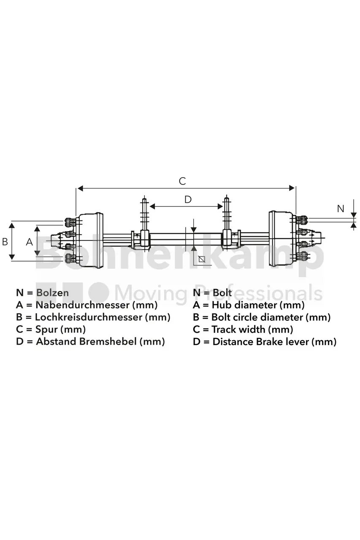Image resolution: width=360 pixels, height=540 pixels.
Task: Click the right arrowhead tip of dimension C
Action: click(295, 188)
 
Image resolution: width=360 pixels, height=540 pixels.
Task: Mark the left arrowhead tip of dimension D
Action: click(150, 206)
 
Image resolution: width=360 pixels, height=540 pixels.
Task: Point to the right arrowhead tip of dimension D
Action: click(222, 206)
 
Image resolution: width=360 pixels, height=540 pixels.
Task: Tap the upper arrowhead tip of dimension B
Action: click(11, 223)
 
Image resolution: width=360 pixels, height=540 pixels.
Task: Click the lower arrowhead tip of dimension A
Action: click(37, 256)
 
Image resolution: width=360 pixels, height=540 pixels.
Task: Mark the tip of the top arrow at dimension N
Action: click(354, 218)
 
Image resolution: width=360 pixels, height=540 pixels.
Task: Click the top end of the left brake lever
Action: click(144, 198)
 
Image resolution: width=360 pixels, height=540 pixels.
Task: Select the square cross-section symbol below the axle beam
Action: click(202, 259)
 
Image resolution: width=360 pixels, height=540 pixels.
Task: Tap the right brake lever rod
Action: click(226, 214)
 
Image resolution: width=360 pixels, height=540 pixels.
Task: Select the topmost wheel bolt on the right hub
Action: click(302, 220)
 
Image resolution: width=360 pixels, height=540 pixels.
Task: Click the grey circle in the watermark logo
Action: click(98, 293)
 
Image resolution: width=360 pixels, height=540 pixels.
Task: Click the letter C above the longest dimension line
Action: click(182, 181)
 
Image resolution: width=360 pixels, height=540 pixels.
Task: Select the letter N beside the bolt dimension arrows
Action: click(341, 209)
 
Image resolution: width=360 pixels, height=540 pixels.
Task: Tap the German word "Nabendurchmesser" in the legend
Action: click(82, 305)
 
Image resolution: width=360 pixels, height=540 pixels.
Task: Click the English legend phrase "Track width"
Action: click(238, 329)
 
